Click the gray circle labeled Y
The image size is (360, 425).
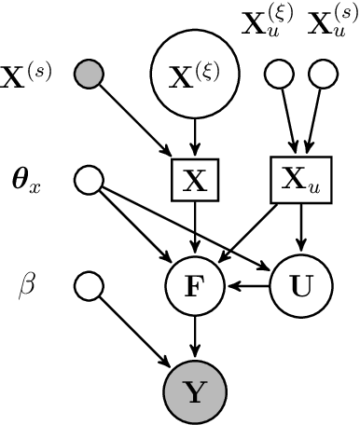point(195,392)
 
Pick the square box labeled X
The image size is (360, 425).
point(195,180)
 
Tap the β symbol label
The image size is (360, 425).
point(26,285)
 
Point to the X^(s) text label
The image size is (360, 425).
point(27,71)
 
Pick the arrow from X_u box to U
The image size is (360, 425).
point(300,229)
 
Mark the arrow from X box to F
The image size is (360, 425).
point(195,229)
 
